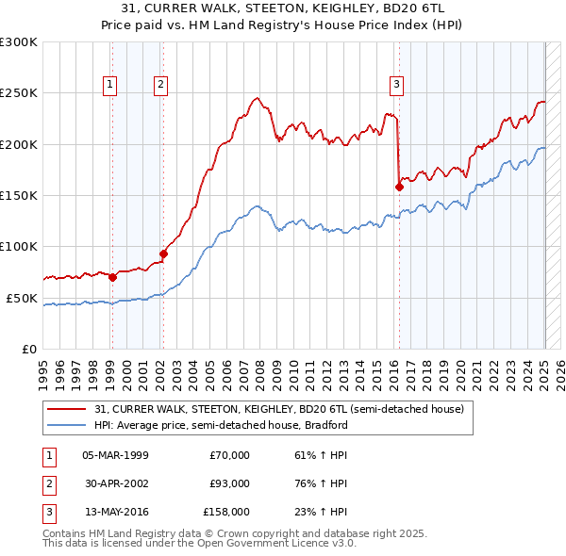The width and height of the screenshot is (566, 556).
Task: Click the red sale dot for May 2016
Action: click(x=399, y=187)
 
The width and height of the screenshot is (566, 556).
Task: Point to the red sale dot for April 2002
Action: click(x=163, y=253)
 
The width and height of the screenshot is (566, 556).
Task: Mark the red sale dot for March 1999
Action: click(x=112, y=277)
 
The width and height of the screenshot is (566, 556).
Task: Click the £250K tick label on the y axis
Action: click(x=19, y=93)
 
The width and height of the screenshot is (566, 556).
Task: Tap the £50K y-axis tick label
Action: click(x=22, y=298)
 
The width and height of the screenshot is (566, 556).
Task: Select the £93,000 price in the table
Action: click(x=229, y=483)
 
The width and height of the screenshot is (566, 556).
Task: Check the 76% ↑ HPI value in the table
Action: click(x=321, y=483)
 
